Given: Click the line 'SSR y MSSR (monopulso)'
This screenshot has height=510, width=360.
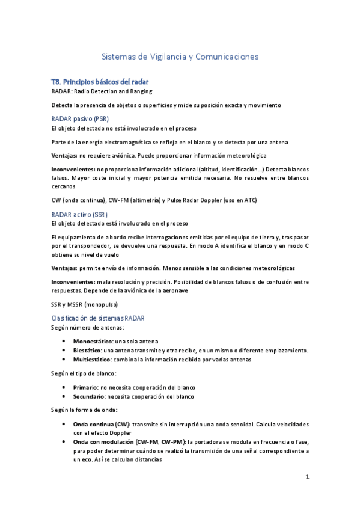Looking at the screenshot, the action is (x=85, y=304).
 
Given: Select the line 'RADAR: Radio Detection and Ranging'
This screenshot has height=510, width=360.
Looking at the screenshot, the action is (x=102, y=91).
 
